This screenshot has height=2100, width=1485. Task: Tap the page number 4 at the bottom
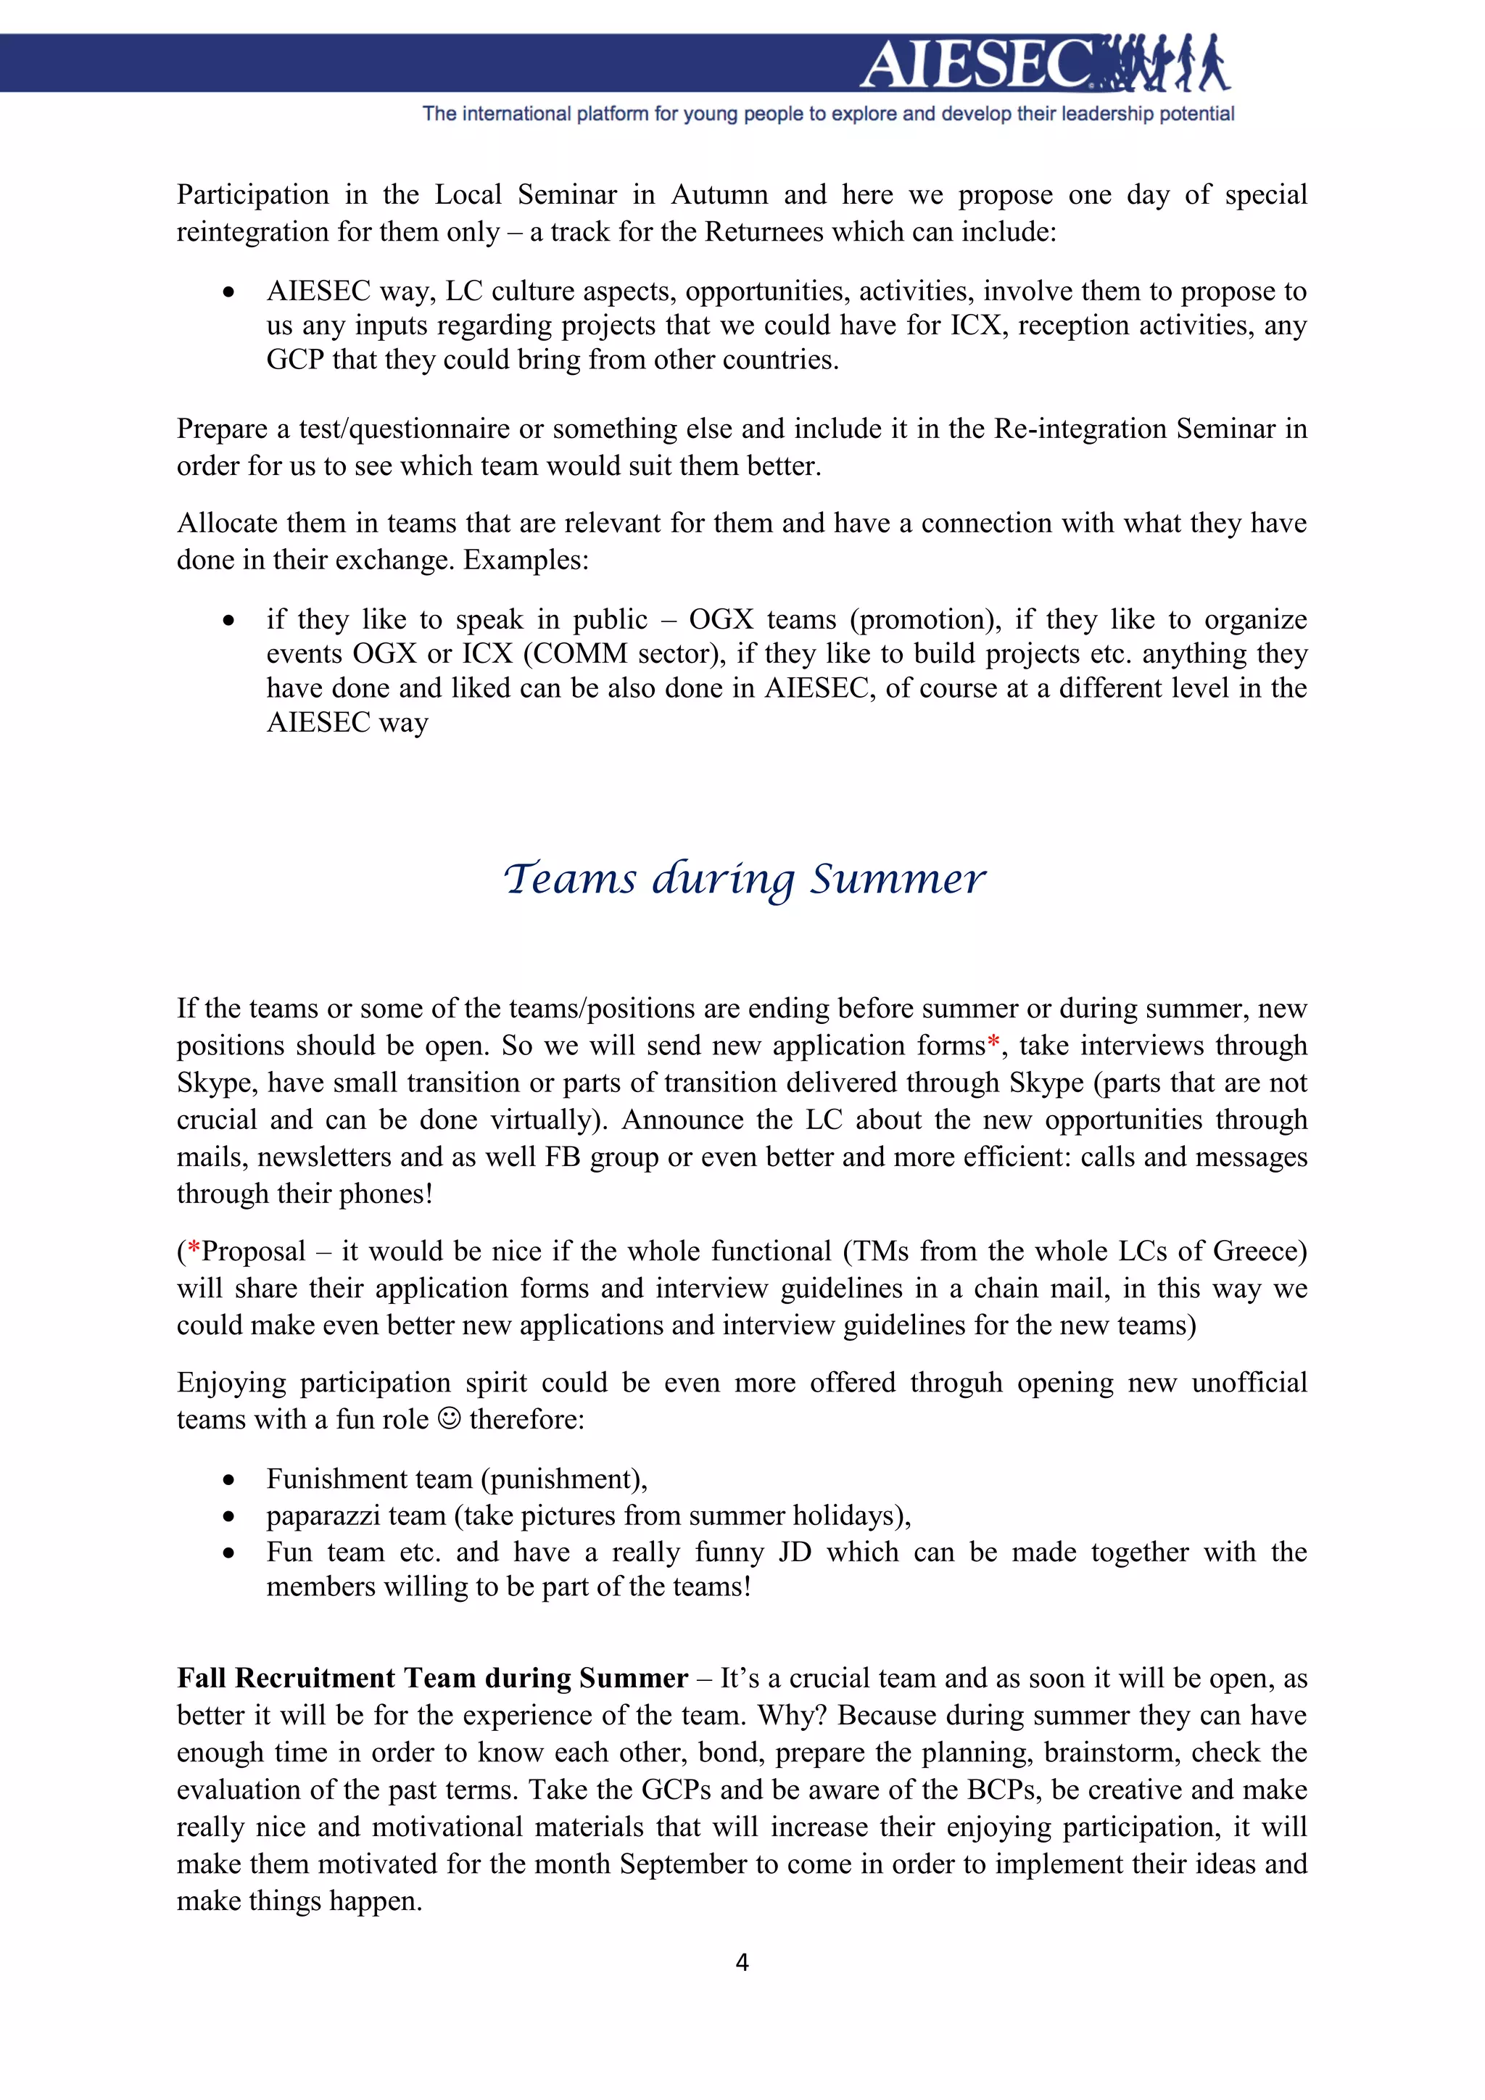(x=742, y=1962)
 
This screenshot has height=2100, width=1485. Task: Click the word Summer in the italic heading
(x=897, y=879)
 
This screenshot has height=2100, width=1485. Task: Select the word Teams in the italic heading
(x=570, y=879)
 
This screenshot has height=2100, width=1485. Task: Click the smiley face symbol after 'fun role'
(x=449, y=1418)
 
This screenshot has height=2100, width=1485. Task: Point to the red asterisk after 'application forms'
(x=993, y=1043)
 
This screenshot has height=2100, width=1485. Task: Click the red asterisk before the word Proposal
(x=194, y=1249)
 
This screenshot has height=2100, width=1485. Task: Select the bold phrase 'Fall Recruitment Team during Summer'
(x=431, y=1677)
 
